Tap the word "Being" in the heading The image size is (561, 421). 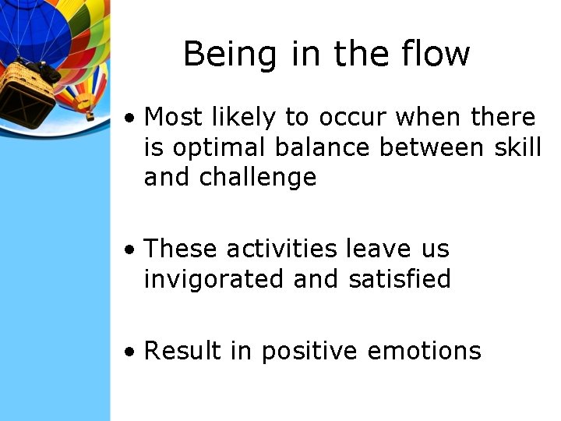220,55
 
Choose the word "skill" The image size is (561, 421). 517,147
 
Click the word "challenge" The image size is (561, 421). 258,178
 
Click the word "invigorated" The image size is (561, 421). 214,279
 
